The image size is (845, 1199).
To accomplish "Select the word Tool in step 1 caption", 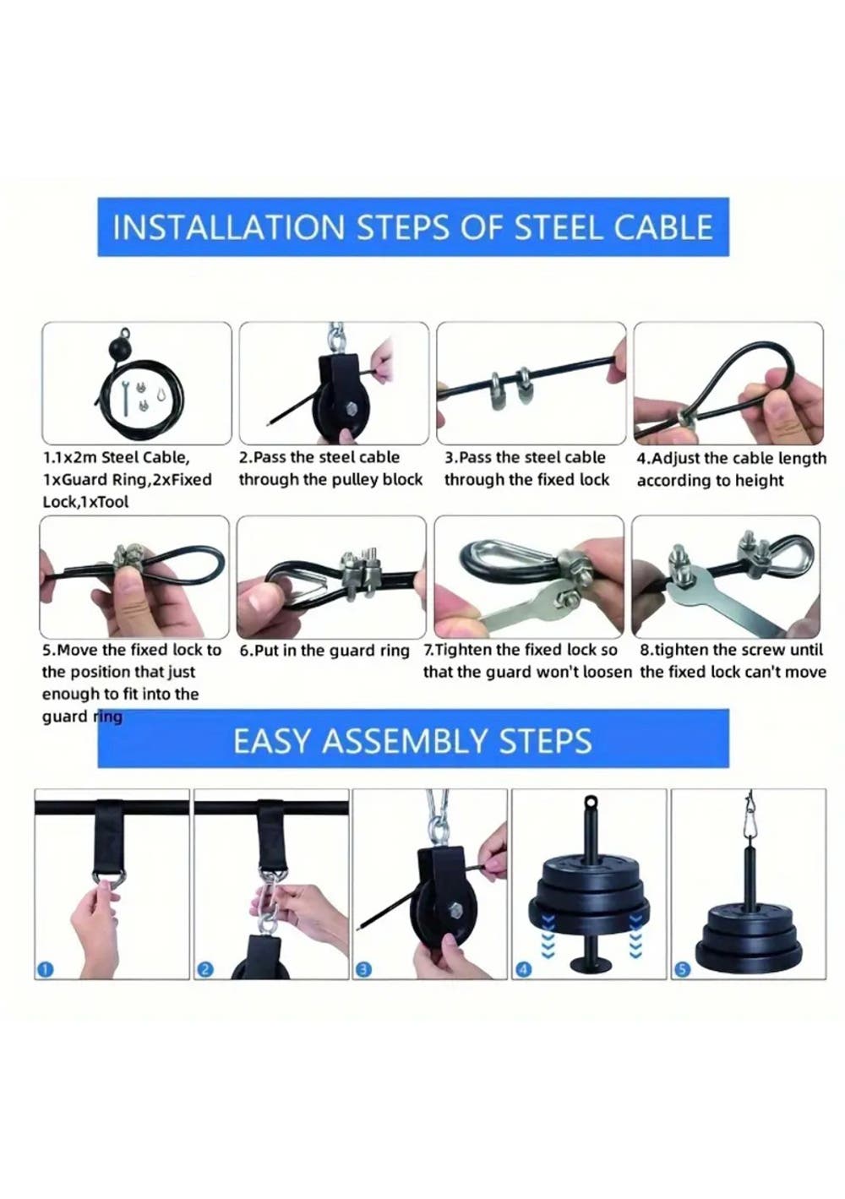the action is (x=112, y=502).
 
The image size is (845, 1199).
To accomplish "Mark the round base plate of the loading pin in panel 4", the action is (x=588, y=965).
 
